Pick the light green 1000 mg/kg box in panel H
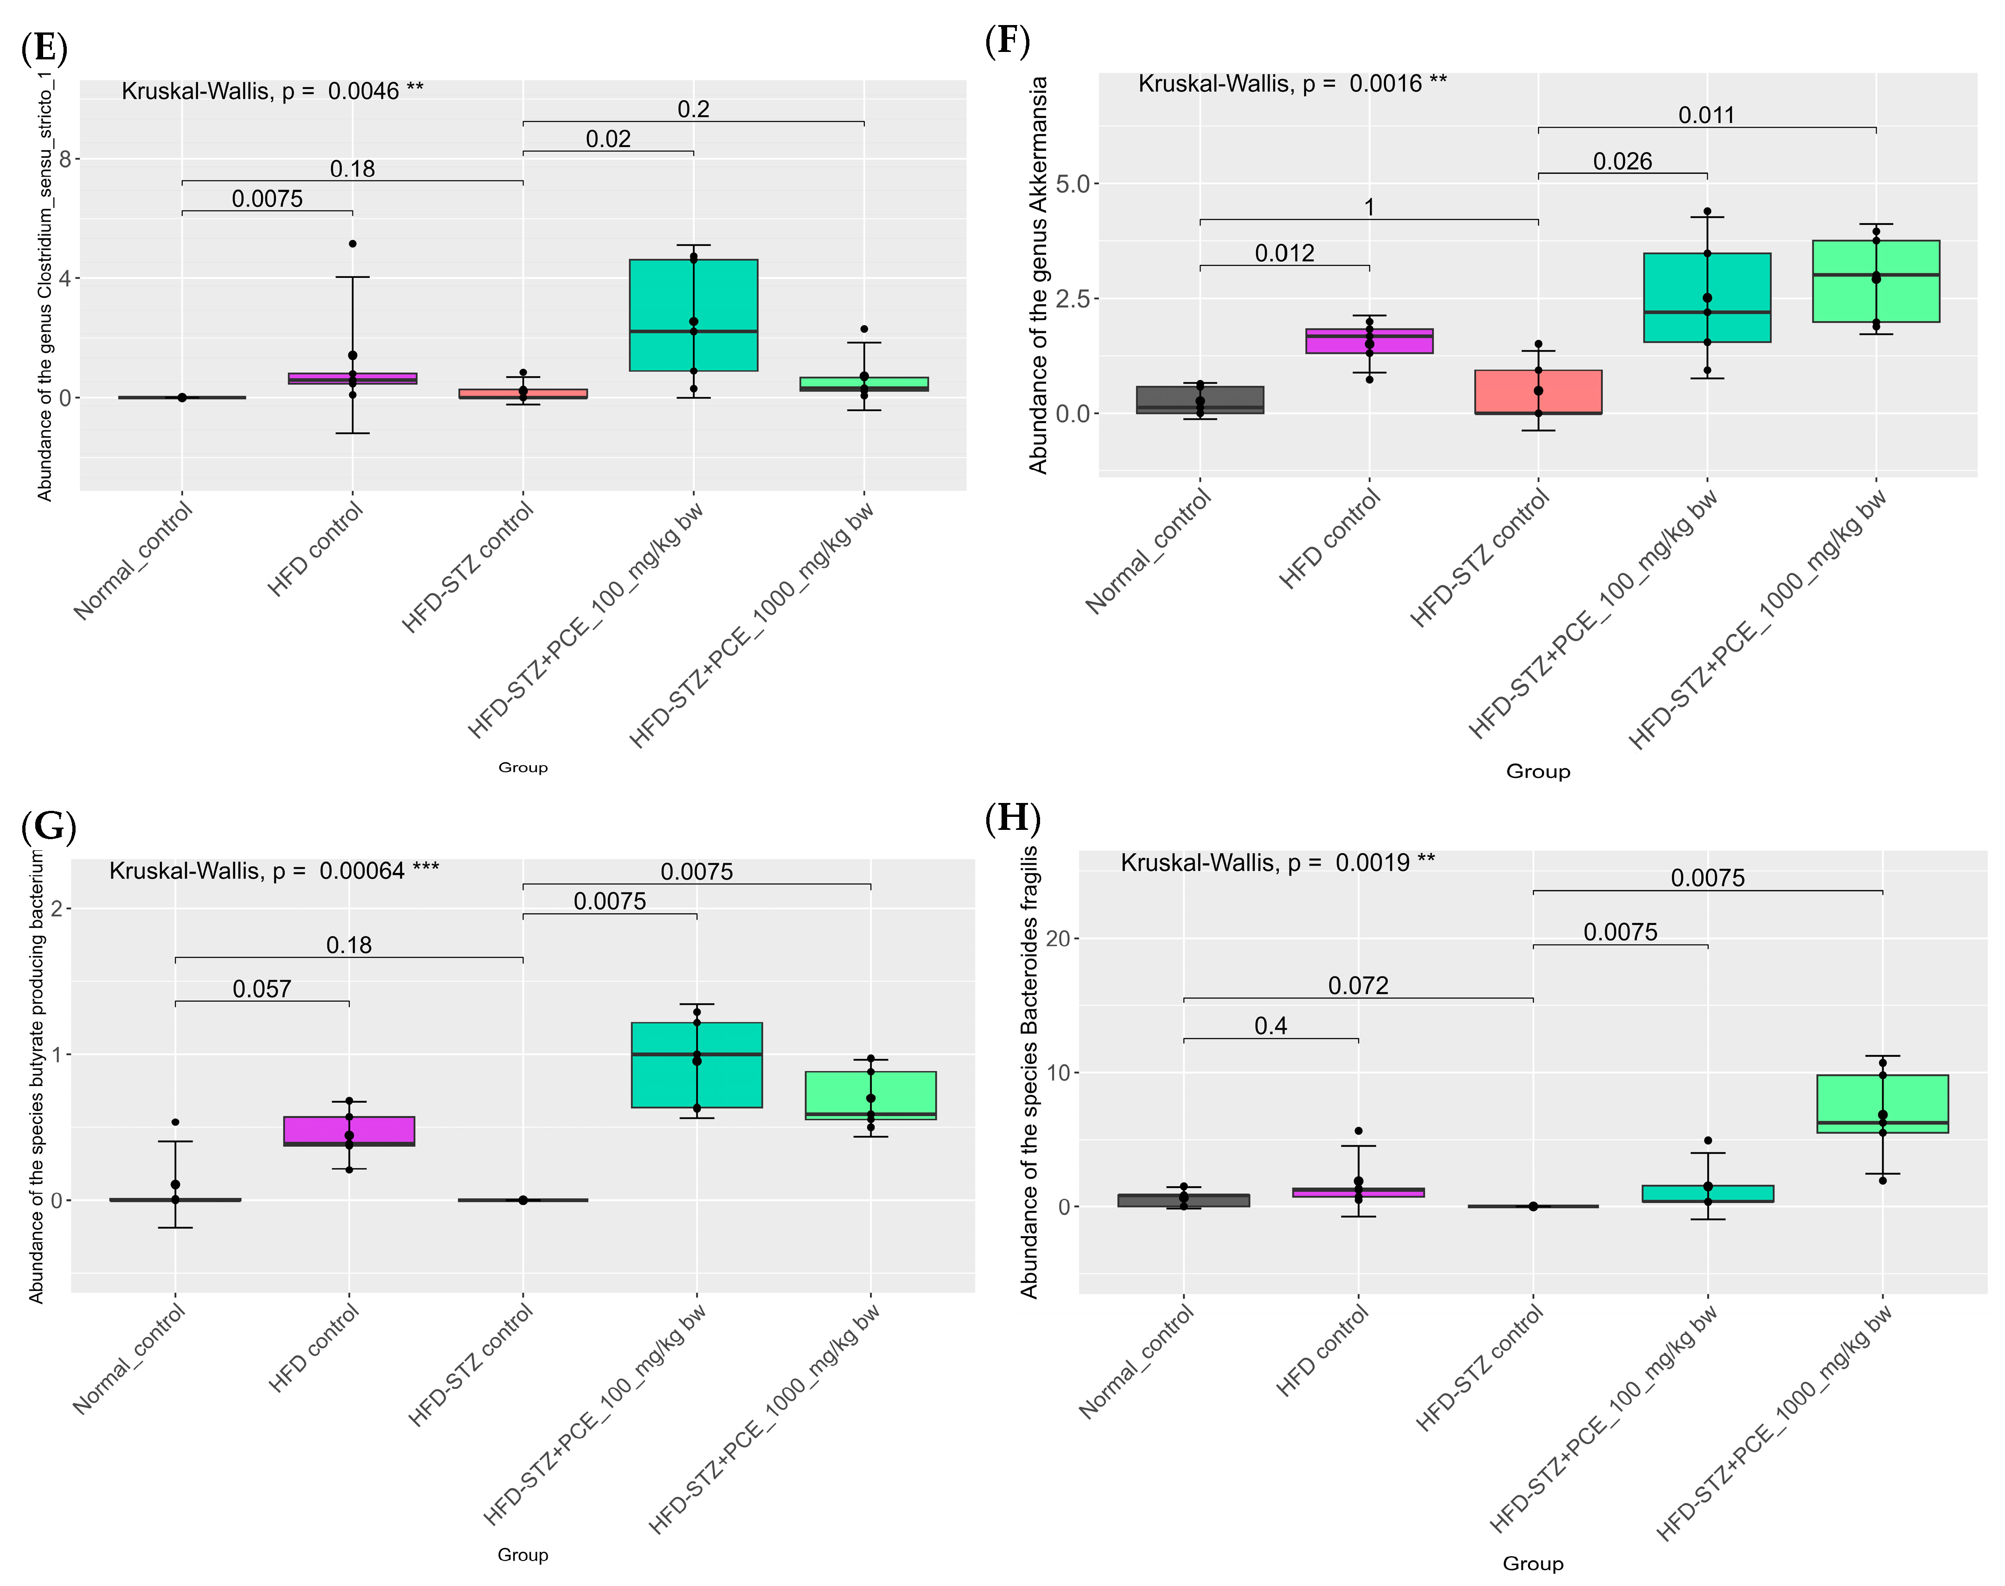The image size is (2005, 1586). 1882,1103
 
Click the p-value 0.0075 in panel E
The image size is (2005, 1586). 268,199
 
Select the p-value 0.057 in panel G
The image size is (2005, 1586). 262,989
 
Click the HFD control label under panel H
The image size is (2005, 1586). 1323,1351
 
